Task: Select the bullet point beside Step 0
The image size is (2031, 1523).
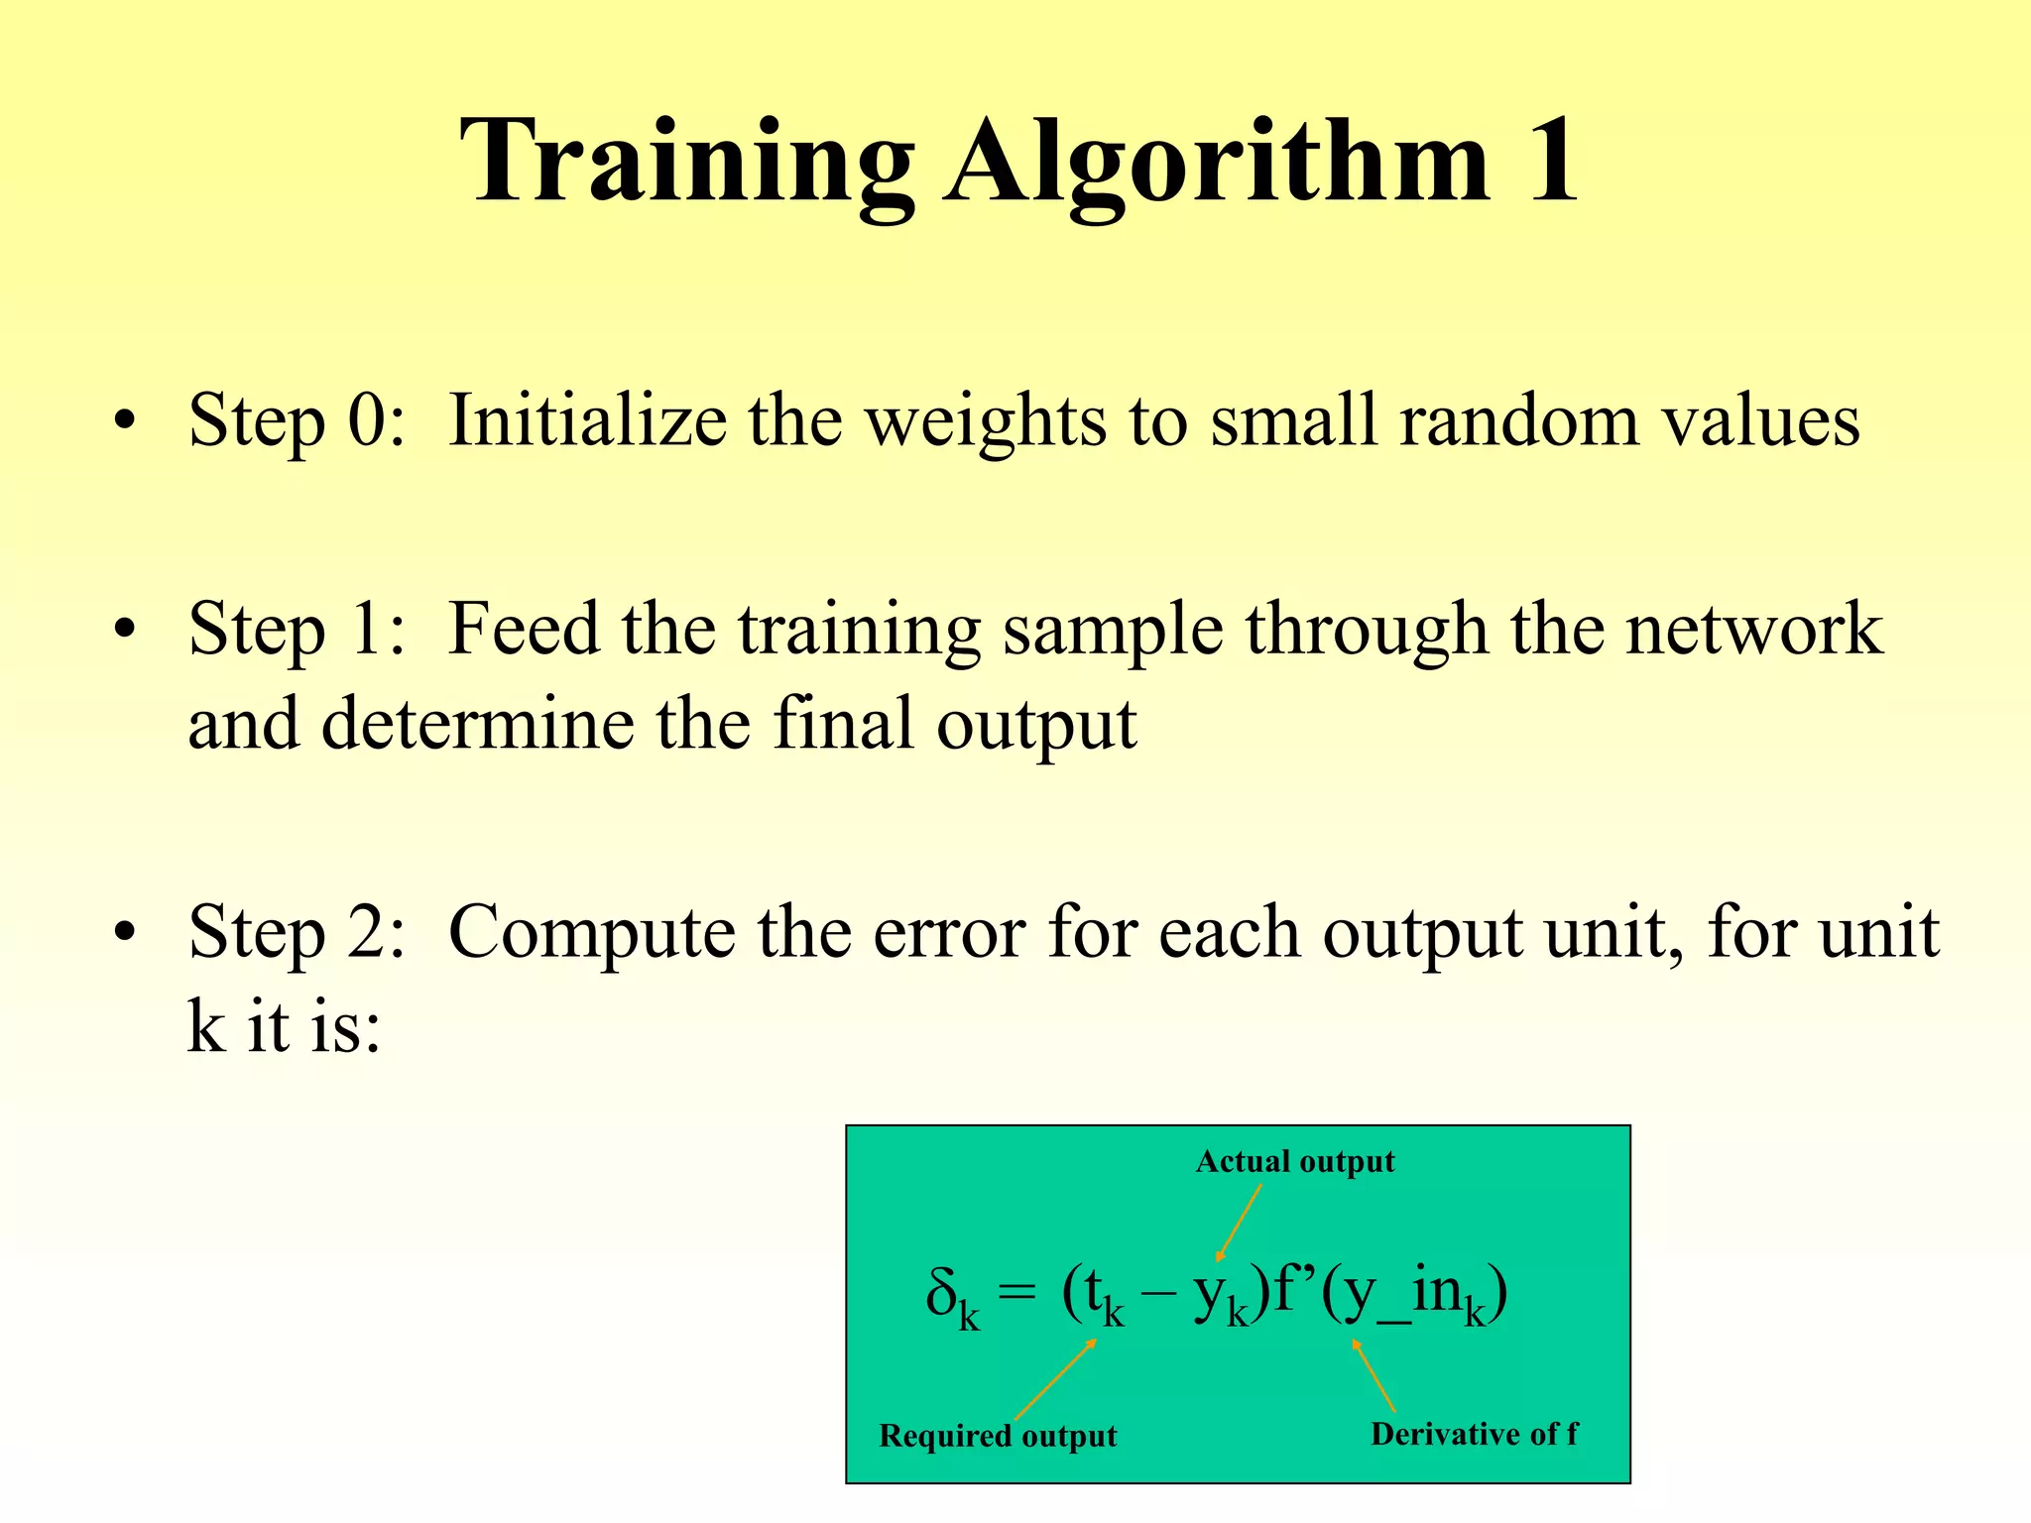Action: pyautogui.click(x=124, y=422)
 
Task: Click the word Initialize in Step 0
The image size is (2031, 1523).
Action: pyautogui.click(x=587, y=420)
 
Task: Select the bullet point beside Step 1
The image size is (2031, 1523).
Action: pyautogui.click(x=124, y=631)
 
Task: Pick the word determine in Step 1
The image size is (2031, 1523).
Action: pyautogui.click(x=478, y=724)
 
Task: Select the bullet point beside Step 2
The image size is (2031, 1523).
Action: pyautogui.click(x=124, y=934)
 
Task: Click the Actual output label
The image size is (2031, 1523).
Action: pyautogui.click(x=1294, y=1161)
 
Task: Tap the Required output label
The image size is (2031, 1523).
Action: pyautogui.click(x=998, y=1436)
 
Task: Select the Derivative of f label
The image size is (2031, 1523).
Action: pyautogui.click(x=1474, y=1434)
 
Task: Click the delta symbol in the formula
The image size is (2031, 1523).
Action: pyautogui.click(x=941, y=1291)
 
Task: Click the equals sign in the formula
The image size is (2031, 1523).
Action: pyautogui.click(x=1016, y=1293)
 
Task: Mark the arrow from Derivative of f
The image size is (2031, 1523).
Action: pyautogui.click(x=1374, y=1376)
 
